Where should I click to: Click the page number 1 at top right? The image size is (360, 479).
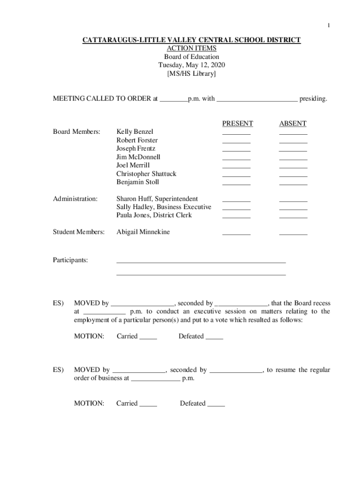(328, 25)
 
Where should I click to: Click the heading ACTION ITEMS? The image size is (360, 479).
(192, 49)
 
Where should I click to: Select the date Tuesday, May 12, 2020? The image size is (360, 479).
(192, 65)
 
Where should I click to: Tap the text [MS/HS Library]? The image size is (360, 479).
(192, 74)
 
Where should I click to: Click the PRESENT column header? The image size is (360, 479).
(238, 123)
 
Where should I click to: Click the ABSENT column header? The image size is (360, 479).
(293, 123)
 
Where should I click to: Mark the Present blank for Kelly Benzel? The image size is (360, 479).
(236, 133)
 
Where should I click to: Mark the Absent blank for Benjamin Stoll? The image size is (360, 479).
(293, 183)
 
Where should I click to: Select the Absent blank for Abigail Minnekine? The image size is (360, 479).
(293, 233)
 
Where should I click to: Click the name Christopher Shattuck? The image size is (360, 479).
(146, 174)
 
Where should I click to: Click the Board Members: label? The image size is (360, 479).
(76, 132)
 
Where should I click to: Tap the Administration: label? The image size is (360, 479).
(75, 199)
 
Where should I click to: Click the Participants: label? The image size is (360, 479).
(70, 260)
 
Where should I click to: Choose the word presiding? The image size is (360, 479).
(313, 99)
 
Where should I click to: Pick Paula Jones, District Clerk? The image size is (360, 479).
(154, 215)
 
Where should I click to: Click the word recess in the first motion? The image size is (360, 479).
(321, 303)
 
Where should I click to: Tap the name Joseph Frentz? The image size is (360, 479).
(136, 149)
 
